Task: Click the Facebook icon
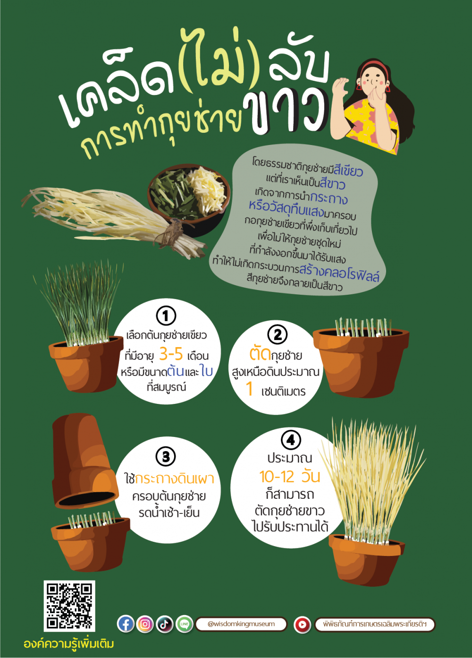coord(126,624)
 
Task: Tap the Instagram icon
coord(145,624)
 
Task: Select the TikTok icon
coord(165,624)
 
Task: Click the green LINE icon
coord(185,624)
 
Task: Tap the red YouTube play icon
coord(303,624)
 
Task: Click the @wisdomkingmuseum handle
coord(241,624)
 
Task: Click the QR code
coord(69,606)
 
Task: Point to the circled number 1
coord(166,316)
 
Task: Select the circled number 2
coord(278,334)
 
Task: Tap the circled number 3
coord(166,456)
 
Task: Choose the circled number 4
coord(291,440)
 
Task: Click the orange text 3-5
coord(171,354)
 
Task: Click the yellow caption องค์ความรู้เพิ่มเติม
coord(69,643)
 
